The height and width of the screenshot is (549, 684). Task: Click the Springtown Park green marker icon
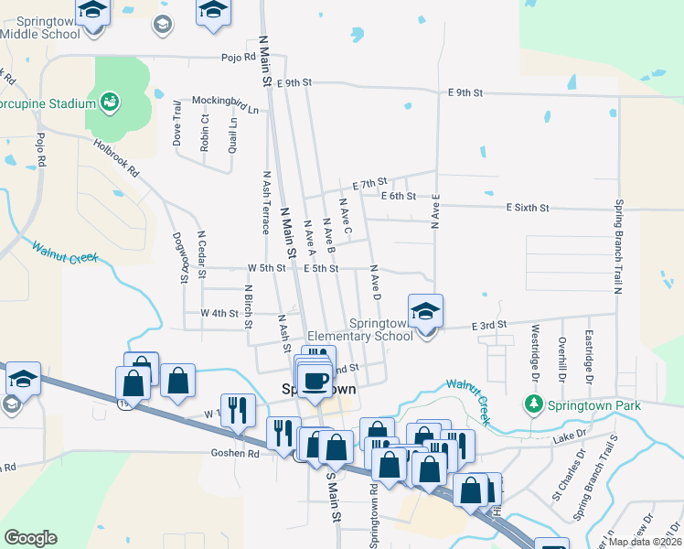point(533,404)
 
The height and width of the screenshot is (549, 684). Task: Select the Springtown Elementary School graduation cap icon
point(425,312)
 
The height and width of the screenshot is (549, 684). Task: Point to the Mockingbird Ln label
point(225,104)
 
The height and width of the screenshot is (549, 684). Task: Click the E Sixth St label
point(528,209)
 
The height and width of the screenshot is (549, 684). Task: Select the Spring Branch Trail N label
point(619,246)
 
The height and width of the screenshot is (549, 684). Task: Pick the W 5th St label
point(267,268)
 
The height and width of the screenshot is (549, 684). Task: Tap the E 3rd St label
point(489,326)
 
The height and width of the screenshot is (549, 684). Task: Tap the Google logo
point(30,538)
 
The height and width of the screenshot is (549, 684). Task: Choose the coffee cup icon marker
point(316,378)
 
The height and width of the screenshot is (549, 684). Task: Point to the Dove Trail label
point(177,128)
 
